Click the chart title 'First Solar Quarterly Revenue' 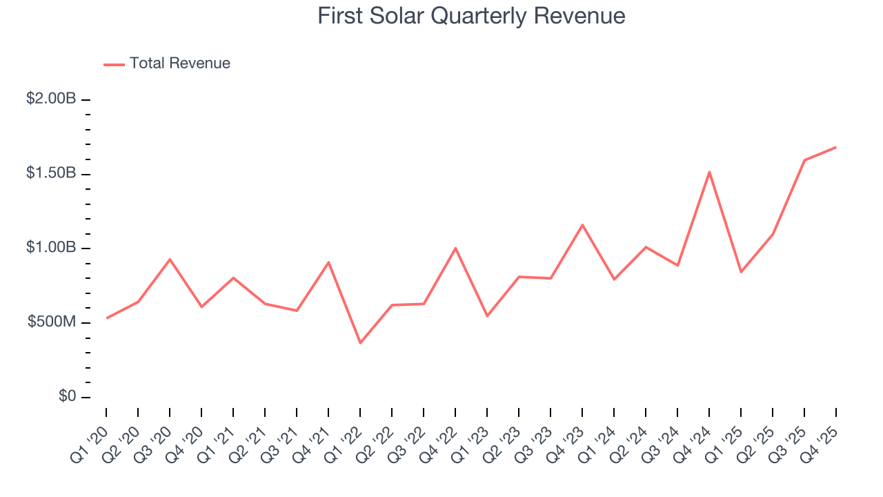pyautogui.click(x=471, y=16)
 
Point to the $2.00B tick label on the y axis pyautogui.click(x=51, y=99)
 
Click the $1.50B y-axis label pyautogui.click(x=51, y=173)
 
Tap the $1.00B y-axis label pyautogui.click(x=51, y=248)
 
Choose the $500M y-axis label pyautogui.click(x=52, y=322)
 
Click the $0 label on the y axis pyautogui.click(x=66, y=397)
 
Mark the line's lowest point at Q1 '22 pyautogui.click(x=360, y=343)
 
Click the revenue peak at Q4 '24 pyautogui.click(x=709, y=172)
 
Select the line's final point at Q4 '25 pyautogui.click(x=836, y=147)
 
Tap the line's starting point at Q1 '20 pyautogui.click(x=106, y=318)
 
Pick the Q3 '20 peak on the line pyautogui.click(x=170, y=259)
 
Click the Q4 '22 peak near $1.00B pyautogui.click(x=455, y=248)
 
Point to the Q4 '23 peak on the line pyautogui.click(x=582, y=224)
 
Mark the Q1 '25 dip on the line pyautogui.click(x=741, y=272)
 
